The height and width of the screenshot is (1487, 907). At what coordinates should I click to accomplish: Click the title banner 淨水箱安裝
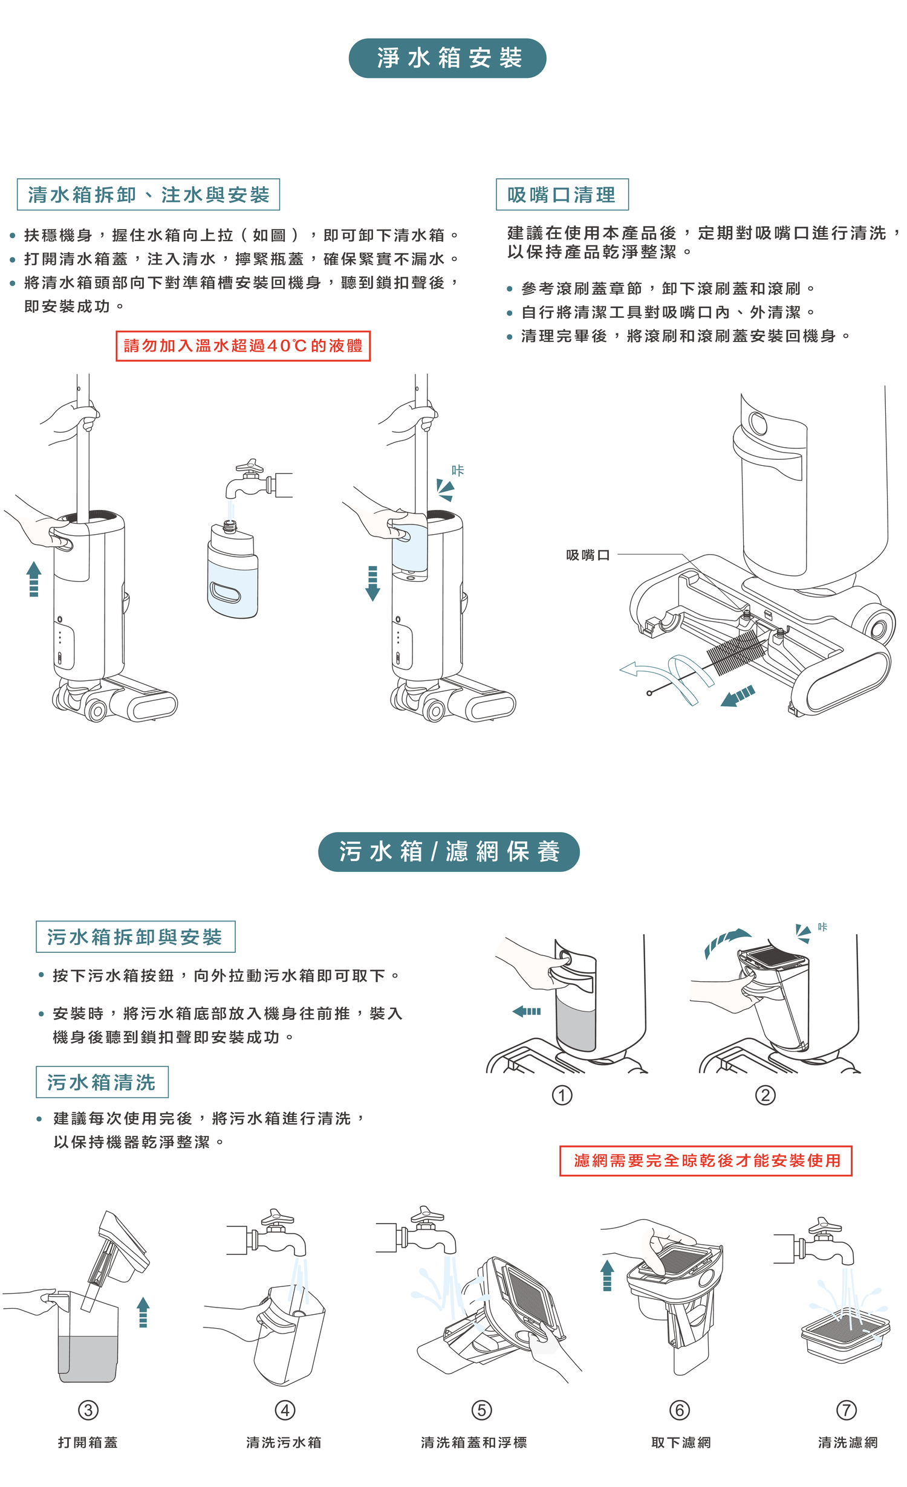pyautogui.click(x=447, y=58)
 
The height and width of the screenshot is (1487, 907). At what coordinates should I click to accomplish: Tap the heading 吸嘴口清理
pyautogui.click(x=562, y=195)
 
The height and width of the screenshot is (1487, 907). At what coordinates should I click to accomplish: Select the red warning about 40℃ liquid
pyautogui.click(x=243, y=346)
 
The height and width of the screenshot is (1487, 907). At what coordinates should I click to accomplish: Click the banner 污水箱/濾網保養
pyautogui.click(x=449, y=851)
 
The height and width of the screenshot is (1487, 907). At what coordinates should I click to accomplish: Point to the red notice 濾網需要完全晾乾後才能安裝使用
pyautogui.click(x=706, y=1161)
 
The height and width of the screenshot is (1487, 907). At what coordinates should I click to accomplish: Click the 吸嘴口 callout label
pyautogui.click(x=588, y=555)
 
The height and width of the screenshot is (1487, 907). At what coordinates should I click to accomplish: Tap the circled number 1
pyautogui.click(x=562, y=1095)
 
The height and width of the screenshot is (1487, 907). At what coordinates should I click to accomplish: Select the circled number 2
pyautogui.click(x=765, y=1095)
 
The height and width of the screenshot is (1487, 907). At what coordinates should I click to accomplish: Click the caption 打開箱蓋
pyautogui.click(x=88, y=1442)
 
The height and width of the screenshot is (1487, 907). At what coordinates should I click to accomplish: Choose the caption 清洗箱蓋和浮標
pyautogui.click(x=474, y=1442)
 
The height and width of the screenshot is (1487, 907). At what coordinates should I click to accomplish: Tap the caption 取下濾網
pyautogui.click(x=681, y=1442)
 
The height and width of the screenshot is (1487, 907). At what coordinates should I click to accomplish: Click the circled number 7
pyautogui.click(x=846, y=1410)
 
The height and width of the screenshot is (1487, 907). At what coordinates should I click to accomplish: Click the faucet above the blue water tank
pyautogui.click(x=257, y=481)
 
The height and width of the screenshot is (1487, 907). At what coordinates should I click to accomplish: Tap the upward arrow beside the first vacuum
pyautogui.click(x=34, y=578)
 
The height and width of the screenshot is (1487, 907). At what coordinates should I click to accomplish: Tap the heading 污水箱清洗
pyautogui.click(x=102, y=1082)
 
